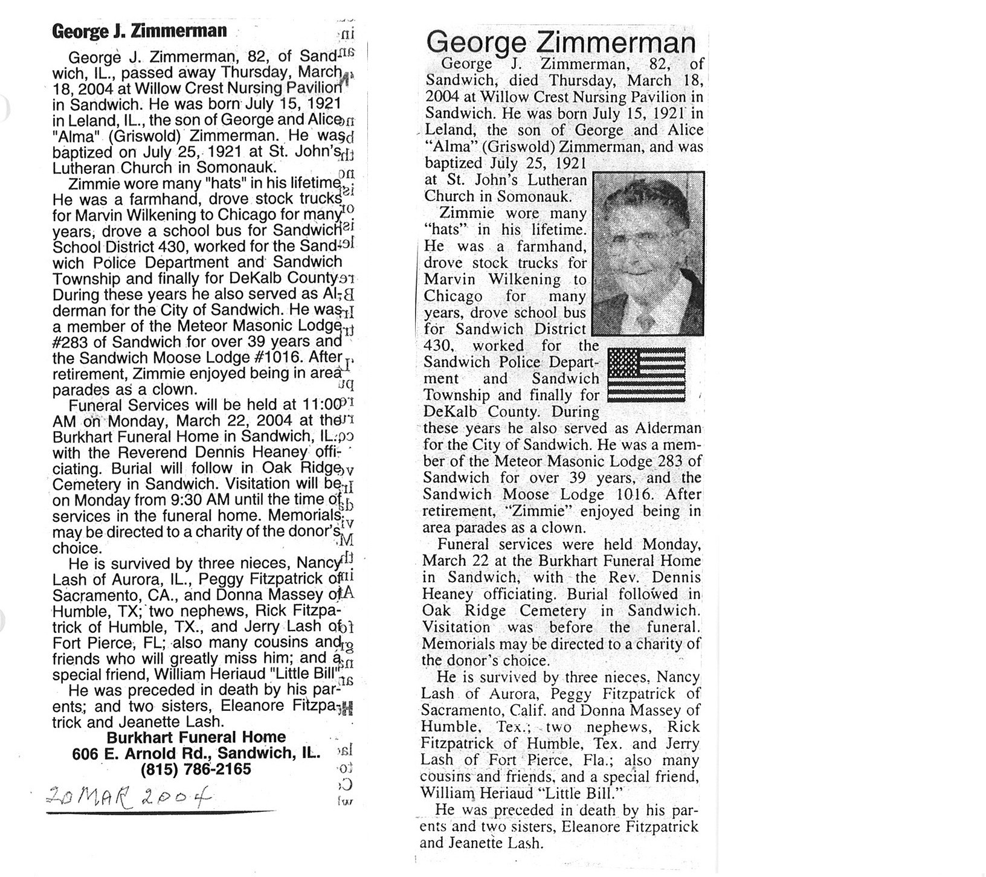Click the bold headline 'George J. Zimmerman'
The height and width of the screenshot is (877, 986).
(140, 31)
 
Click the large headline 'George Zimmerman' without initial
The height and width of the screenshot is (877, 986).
(561, 43)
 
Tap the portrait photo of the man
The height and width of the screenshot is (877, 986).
(648, 254)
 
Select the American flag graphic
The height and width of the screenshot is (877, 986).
(646, 374)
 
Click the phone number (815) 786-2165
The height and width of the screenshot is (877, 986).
(196, 770)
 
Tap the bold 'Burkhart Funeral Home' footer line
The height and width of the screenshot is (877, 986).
(196, 737)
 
